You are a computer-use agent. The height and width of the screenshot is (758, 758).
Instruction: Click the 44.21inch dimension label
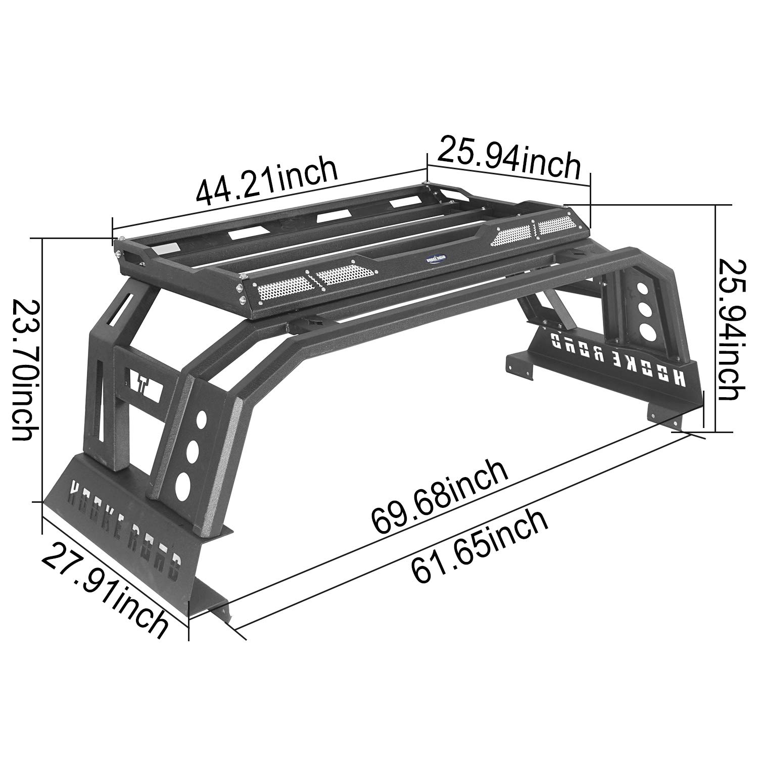click(266, 182)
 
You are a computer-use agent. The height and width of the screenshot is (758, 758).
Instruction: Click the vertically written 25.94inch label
click(731, 329)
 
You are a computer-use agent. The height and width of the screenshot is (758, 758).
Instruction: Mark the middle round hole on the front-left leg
click(193, 451)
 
